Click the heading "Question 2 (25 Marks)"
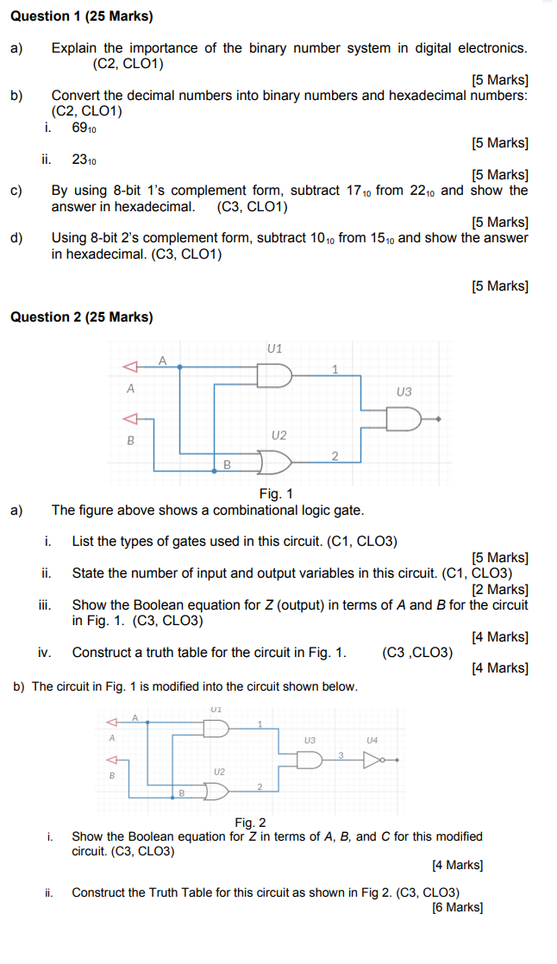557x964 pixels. pyautogui.click(x=81, y=317)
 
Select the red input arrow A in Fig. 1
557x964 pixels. pyautogui.click(x=129, y=366)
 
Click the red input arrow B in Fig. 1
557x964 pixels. pyautogui.click(x=129, y=419)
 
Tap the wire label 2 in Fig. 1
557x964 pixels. pyautogui.click(x=335, y=454)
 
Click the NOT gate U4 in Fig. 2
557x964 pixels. pyautogui.click(x=372, y=760)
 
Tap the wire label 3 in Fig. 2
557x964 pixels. pyautogui.click(x=341, y=754)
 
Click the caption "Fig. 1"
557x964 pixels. pyautogui.click(x=276, y=494)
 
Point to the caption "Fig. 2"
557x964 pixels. pyautogui.click(x=250, y=823)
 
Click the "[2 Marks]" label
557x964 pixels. pyautogui.click(x=500, y=590)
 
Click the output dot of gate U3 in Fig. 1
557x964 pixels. pyautogui.click(x=440, y=419)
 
